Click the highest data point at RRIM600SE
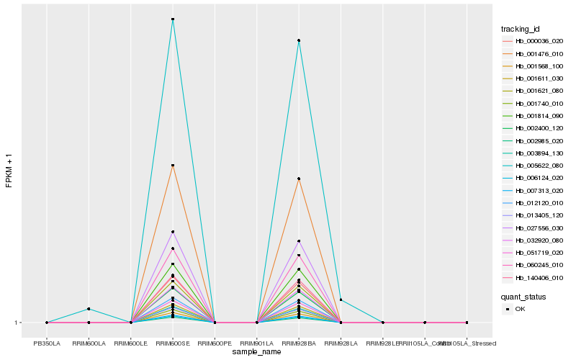[173, 19]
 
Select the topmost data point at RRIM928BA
[299, 40]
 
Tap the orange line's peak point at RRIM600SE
[173, 166]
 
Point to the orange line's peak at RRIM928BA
[299, 179]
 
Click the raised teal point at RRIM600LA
[89, 309]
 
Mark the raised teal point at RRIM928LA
[341, 300]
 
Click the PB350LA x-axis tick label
[47, 343]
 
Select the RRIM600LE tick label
[131, 343]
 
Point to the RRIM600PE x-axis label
[215, 343]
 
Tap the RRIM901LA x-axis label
[257, 343]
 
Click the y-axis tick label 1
[17, 323]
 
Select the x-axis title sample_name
[257, 352]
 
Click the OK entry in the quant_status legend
[520, 309]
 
